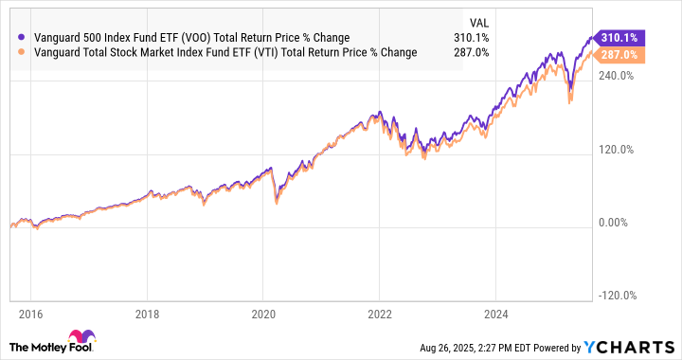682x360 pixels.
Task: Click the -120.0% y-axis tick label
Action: coord(611,296)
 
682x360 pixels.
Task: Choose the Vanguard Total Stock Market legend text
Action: coord(224,53)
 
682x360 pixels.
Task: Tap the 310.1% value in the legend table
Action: coord(471,38)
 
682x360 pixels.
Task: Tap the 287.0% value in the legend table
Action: coord(471,53)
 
